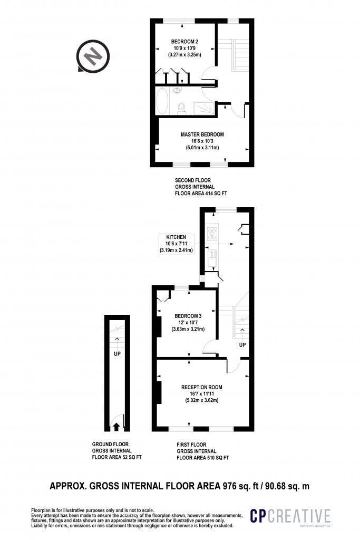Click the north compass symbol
coord(93,57)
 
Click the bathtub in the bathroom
coord(162,100)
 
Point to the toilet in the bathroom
coord(182,109)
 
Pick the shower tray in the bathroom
coord(204,108)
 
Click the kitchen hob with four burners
coord(212,234)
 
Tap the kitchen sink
coord(211,259)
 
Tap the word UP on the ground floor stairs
coord(117,354)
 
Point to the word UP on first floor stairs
coord(242,345)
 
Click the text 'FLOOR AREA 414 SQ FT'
coord(201,194)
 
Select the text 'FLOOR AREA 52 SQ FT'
coord(116,457)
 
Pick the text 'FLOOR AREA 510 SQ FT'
coord(203,458)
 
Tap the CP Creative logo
coord(290,517)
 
